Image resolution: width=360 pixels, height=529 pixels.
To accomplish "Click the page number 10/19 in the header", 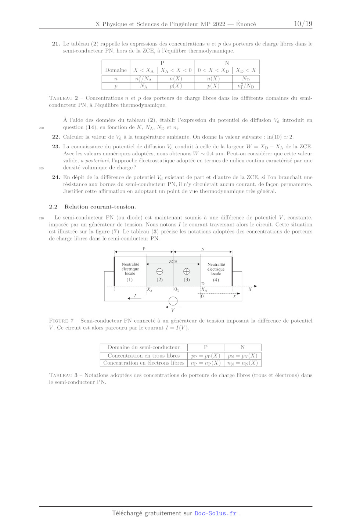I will click(303, 24).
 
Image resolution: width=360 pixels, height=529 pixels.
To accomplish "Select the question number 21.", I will click(56, 44).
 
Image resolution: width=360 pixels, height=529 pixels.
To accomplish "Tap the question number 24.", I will click(56, 177).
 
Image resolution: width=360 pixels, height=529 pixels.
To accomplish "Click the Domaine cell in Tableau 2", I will click(116, 70).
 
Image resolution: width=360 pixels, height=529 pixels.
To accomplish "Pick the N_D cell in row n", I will click(246, 79).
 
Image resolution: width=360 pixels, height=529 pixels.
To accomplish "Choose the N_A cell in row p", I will click(144, 86).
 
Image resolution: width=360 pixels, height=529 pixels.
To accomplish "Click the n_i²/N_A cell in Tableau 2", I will click(144, 79).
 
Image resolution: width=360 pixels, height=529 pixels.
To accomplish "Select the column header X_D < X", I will click(246, 70).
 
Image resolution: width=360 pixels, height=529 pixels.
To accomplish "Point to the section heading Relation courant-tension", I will click(100, 207).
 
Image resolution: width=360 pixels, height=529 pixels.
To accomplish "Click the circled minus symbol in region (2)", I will click(160, 272).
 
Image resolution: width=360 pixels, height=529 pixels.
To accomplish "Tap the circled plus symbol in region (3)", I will click(187, 272).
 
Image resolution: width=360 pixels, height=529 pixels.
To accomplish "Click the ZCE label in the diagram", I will click(173, 262).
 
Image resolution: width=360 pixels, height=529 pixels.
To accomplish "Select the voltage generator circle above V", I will click(173, 301).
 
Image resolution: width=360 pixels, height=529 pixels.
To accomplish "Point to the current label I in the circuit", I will click(135, 296).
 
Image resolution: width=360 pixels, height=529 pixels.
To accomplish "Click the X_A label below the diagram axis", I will click(150, 290).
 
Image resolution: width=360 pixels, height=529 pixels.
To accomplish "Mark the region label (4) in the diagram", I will click(216, 280).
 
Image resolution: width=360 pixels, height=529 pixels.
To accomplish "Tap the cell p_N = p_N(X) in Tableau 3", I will click(242, 356).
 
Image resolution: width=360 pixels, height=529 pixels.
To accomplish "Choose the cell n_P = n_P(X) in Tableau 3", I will click(206, 363).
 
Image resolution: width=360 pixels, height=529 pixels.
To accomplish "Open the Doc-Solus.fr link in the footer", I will click(216, 513).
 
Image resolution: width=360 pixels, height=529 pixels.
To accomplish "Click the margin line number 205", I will click(41, 168).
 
